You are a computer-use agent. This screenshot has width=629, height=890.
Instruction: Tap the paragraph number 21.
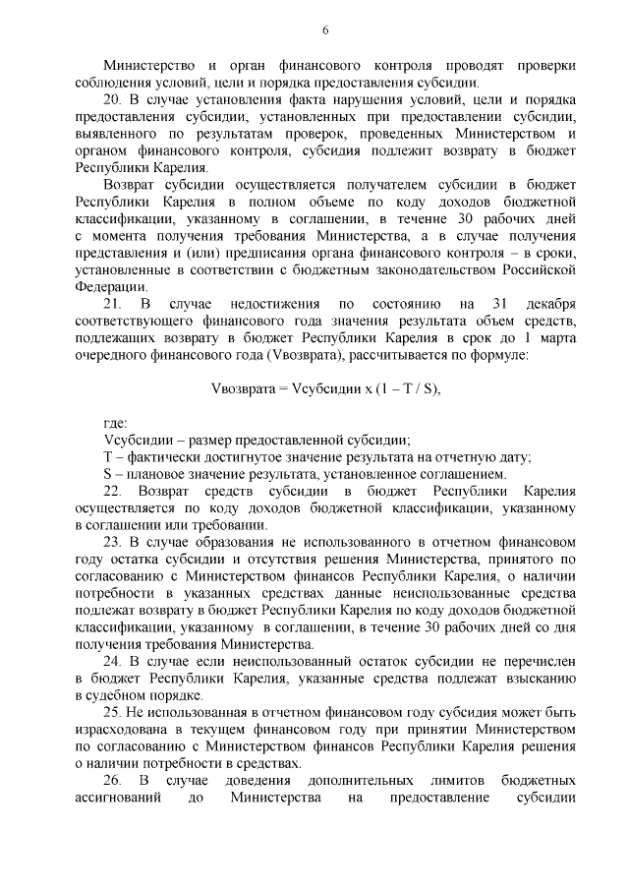coord(112,301)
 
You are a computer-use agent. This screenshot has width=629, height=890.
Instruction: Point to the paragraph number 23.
coord(113,541)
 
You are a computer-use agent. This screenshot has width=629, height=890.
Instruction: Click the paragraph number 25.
coord(113,712)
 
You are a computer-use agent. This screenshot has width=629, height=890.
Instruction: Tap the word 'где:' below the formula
coord(117,423)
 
